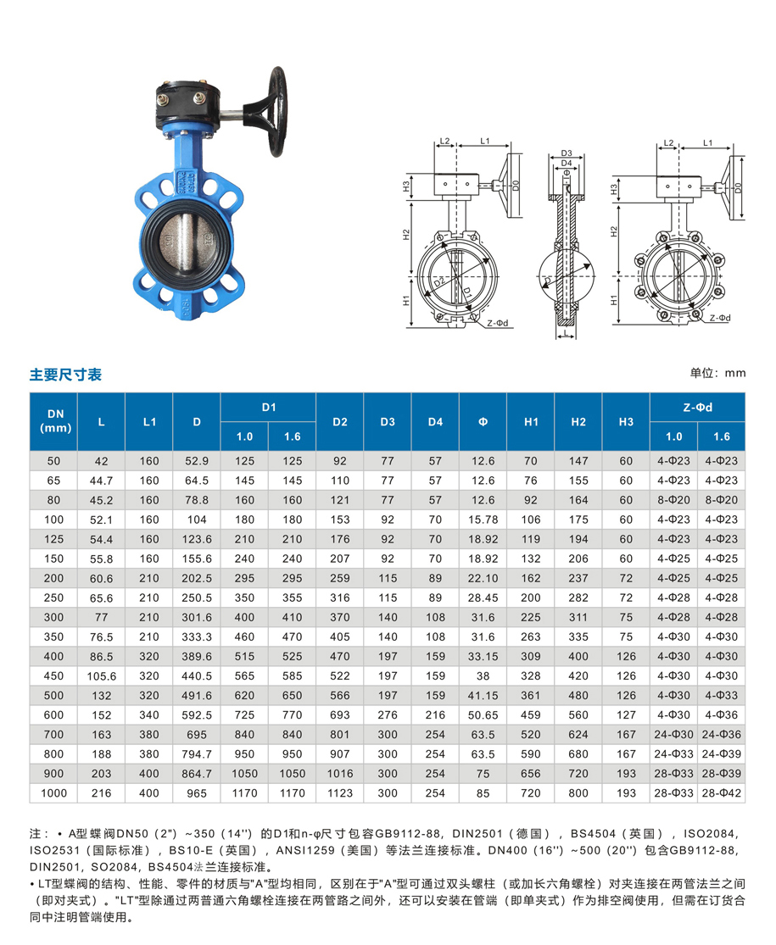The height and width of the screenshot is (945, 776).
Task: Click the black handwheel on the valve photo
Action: click(277, 112)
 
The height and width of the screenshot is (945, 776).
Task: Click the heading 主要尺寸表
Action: click(65, 375)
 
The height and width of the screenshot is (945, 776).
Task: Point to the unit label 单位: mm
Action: click(717, 373)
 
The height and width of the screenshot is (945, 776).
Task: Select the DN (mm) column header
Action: click(55, 421)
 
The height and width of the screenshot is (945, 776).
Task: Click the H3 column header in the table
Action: click(626, 422)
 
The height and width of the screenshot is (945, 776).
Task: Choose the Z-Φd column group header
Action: click(698, 408)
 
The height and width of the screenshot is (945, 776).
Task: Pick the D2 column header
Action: click(340, 422)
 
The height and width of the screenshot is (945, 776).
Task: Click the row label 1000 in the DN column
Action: click(53, 793)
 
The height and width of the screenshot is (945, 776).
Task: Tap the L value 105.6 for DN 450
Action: click(101, 676)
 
